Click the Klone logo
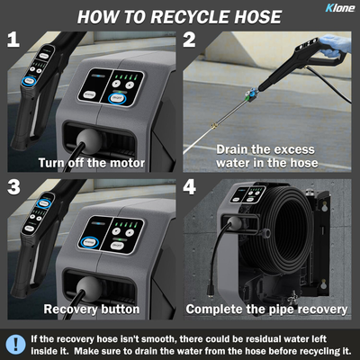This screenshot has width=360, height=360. click(340, 7)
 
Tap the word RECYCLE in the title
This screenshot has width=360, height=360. click(191, 17)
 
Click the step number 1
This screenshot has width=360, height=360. click(13, 40)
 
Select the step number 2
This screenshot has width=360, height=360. click(189, 40)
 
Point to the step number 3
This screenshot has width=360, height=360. click(13, 187)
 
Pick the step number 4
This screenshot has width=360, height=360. click(190, 187)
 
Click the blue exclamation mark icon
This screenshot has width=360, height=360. click(15, 344)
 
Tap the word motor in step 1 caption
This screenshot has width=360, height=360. click(128, 163)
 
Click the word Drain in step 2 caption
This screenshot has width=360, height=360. click(233, 149)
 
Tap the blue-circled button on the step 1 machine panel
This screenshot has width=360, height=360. click(117, 98)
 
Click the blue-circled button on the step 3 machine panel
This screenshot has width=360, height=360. click(89, 242)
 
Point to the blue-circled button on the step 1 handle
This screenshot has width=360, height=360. click(30, 81)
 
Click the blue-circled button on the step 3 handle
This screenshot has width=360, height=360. click(44, 203)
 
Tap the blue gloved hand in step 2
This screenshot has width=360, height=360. click(333, 47)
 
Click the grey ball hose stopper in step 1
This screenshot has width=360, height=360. click(89, 140)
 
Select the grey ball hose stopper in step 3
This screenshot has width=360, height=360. click(89, 288)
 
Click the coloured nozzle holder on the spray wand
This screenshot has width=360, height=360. click(250, 94)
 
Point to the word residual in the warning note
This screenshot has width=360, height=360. click(263, 339)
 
